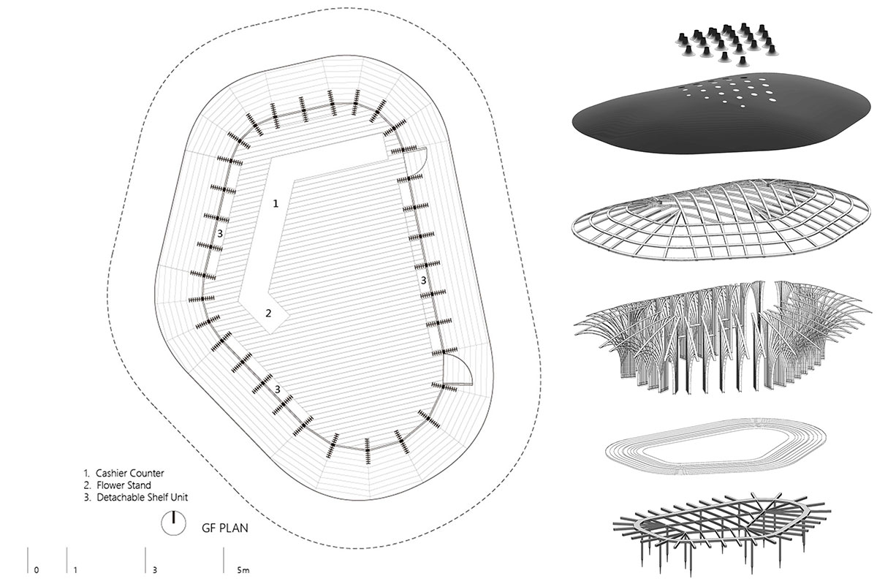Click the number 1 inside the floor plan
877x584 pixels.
pos(276,203)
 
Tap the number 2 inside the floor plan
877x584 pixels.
pos(268,314)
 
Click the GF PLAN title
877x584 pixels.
pos(225,528)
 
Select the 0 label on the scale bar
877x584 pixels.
pos(37,570)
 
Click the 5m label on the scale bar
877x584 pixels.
pos(243,570)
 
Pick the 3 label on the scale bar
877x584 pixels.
pos(155,570)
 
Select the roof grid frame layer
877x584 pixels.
pos(721,219)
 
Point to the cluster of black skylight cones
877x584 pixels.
pos(727,44)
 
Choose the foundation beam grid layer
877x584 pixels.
pos(721,528)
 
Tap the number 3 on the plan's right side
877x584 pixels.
pos(423,280)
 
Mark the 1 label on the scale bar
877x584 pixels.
pos(75,570)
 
